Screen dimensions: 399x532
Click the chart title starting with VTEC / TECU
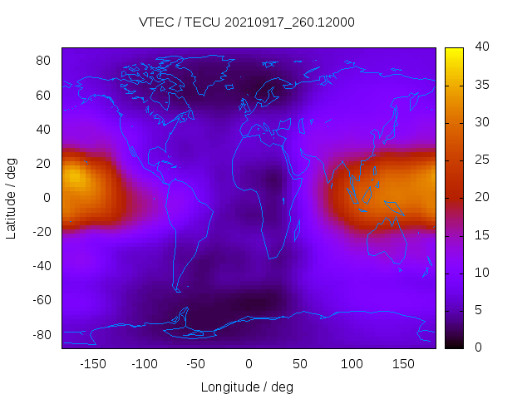(247, 22)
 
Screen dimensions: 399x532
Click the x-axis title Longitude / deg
(247, 387)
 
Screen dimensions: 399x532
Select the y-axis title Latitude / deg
(12, 197)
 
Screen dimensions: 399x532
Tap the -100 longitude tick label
(145, 363)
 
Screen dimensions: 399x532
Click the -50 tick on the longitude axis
(196, 363)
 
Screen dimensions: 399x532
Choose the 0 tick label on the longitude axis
(248, 363)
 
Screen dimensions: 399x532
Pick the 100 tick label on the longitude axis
(352, 363)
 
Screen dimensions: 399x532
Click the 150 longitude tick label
(403, 363)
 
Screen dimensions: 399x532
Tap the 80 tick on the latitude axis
(44, 61)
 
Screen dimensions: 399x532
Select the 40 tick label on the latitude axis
(44, 129)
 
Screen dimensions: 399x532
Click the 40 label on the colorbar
(480, 47)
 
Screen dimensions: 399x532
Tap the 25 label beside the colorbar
(480, 160)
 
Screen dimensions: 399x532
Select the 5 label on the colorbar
(477, 309)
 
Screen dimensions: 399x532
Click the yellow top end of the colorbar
(454, 52)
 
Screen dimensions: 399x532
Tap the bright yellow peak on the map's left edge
(73, 176)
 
